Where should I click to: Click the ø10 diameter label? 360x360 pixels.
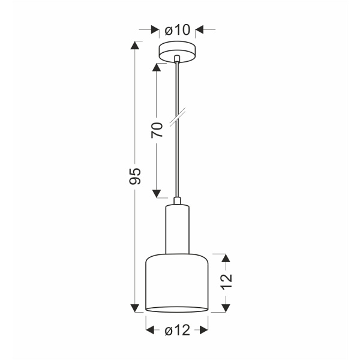(177, 29)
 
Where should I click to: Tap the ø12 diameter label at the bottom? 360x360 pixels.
(177, 329)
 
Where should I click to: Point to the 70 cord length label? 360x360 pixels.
(157, 130)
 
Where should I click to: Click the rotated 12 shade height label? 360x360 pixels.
(226, 282)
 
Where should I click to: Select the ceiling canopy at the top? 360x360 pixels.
(177, 52)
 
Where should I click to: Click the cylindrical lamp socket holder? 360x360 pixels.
(177, 228)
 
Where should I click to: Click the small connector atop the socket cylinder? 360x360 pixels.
(177, 201)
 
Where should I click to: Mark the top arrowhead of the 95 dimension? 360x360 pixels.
(136, 46)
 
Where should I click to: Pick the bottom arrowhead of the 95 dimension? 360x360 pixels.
(136, 308)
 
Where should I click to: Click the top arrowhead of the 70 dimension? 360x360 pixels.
(157, 65)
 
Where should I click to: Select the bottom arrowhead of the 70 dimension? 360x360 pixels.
(157, 193)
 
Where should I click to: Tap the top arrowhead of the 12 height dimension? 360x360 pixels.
(226, 258)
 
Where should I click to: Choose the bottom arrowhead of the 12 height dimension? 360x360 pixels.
(226, 307)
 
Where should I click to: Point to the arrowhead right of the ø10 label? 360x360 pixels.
(200, 29)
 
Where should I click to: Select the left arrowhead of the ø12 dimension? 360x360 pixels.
(151, 329)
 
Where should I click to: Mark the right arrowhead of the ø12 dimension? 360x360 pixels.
(203, 329)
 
